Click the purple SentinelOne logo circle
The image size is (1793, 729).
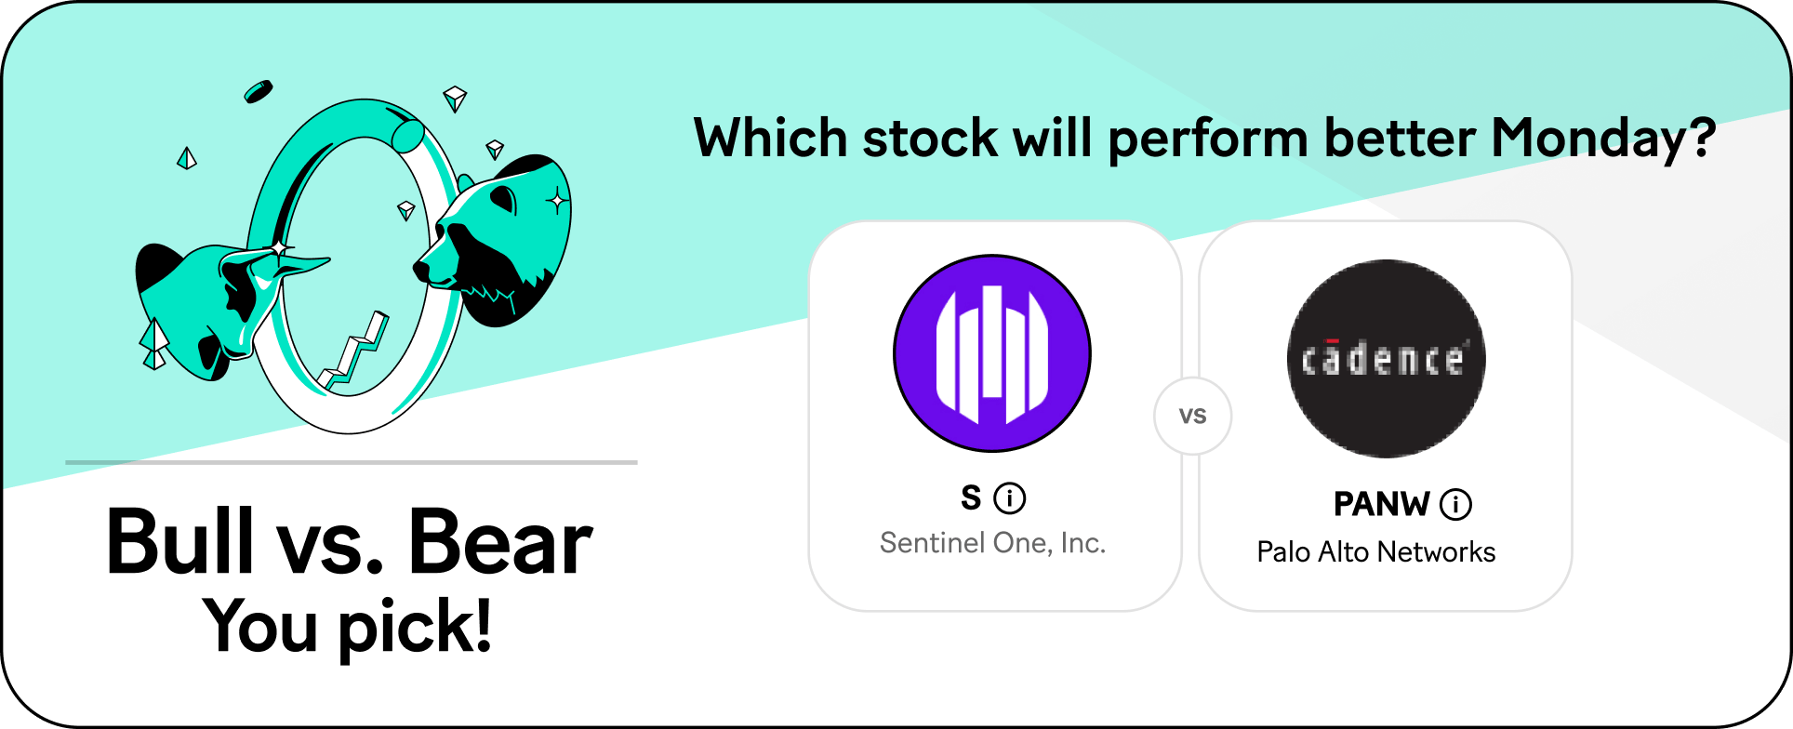tap(992, 353)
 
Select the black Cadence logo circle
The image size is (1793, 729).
tap(1386, 359)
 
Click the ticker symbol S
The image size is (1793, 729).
tap(971, 498)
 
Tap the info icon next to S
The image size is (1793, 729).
tap(1010, 498)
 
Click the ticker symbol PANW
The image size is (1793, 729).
tap(1381, 504)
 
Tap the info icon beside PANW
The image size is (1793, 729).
tap(1455, 505)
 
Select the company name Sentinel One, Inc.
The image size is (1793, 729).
tap(992, 543)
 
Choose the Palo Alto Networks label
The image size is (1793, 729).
tap(1376, 552)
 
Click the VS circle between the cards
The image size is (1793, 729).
tap(1192, 416)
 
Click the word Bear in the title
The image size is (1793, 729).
tap(500, 541)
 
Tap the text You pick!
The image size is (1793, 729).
tap(347, 626)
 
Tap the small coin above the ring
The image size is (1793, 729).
tap(259, 91)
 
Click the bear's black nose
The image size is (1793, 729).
tap(421, 271)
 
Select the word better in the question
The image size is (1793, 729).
tap(1400, 139)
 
